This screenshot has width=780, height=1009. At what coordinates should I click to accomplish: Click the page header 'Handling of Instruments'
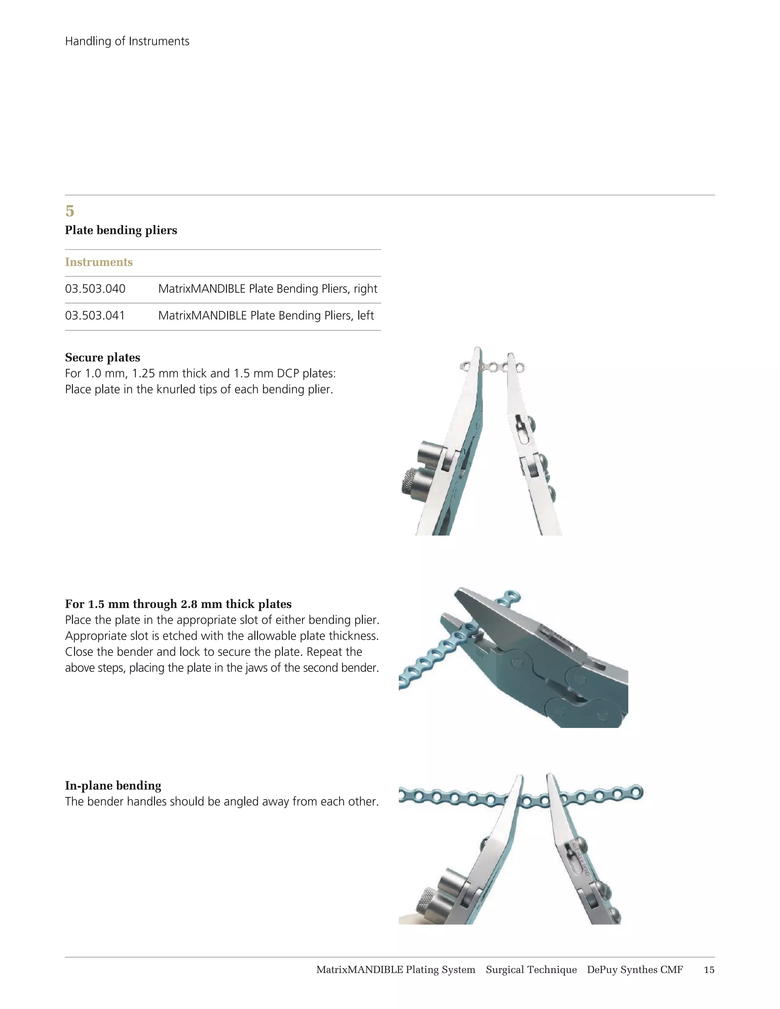click(127, 41)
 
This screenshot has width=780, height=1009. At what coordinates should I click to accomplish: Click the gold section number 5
click(70, 211)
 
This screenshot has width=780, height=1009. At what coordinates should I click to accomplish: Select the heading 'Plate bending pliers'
click(121, 230)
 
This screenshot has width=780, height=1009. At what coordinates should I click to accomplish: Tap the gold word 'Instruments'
click(99, 262)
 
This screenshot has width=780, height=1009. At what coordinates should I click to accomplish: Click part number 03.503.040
click(95, 289)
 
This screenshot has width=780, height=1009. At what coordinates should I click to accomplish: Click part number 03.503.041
click(95, 316)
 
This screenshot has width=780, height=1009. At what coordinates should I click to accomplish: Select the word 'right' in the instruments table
click(366, 289)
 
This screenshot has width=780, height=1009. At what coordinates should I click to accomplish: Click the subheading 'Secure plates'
click(102, 358)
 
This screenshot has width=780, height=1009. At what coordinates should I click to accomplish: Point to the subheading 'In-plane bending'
click(113, 785)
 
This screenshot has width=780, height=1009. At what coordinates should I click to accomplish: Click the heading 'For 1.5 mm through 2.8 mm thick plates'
click(178, 604)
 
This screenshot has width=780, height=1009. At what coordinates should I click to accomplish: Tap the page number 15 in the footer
click(709, 970)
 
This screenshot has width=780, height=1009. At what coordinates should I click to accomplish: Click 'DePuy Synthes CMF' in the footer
click(635, 970)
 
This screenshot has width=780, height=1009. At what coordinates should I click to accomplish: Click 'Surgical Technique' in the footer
click(531, 970)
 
